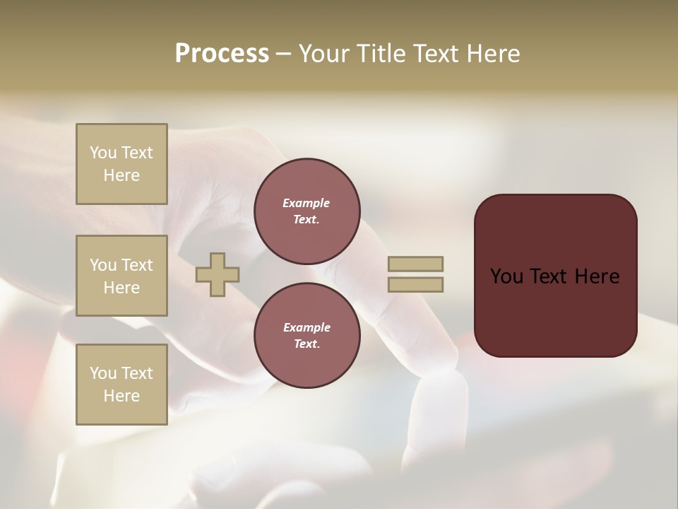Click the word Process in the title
coord(222,54)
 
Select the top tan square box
coord(121,164)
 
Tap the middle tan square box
coord(121,276)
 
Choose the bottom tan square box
coord(121,385)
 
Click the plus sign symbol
coord(218,274)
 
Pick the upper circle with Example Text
coord(307,211)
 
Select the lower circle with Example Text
coord(307,335)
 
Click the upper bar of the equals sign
coord(415,264)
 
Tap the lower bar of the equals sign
coord(415,285)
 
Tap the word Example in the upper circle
coord(307,203)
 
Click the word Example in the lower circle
coord(307,327)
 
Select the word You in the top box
coord(103,153)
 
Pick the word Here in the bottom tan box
coord(121,396)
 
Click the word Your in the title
coord(324,54)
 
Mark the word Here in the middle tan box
coord(121,288)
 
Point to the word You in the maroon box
coord(506,276)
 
